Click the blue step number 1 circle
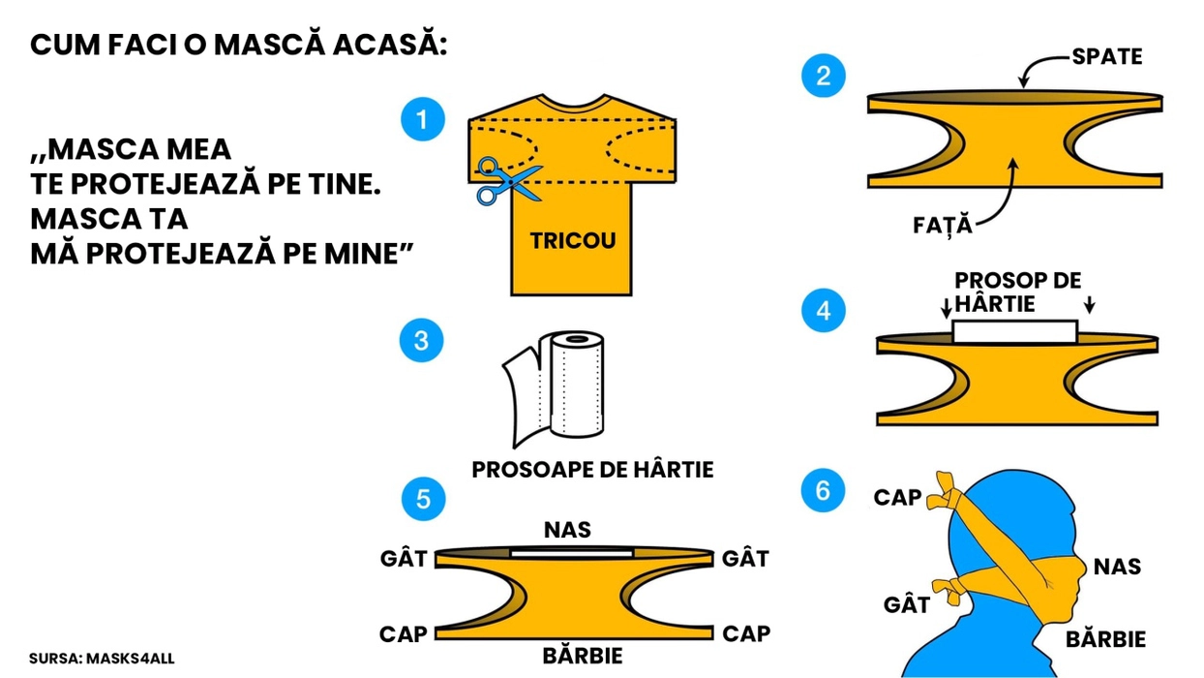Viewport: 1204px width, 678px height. [x=422, y=119]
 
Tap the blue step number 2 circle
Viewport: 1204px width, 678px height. [x=823, y=76]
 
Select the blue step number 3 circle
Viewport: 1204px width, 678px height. [x=421, y=341]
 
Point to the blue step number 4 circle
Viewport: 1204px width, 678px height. [x=824, y=311]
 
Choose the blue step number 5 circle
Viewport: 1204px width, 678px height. [x=423, y=499]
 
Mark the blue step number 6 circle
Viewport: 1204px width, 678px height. [x=823, y=490]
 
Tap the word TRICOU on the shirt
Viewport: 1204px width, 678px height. [x=572, y=240]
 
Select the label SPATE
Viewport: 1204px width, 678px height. [x=1106, y=57]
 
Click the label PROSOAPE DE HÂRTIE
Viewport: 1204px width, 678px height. [x=592, y=470]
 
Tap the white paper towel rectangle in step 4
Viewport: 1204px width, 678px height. [x=1014, y=331]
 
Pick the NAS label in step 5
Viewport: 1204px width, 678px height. [x=568, y=530]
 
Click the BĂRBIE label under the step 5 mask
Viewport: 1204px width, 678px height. [x=583, y=656]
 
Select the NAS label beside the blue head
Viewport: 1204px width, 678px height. [x=1117, y=566]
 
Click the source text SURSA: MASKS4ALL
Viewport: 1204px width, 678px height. [x=102, y=659]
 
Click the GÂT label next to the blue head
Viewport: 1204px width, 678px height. [x=907, y=605]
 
